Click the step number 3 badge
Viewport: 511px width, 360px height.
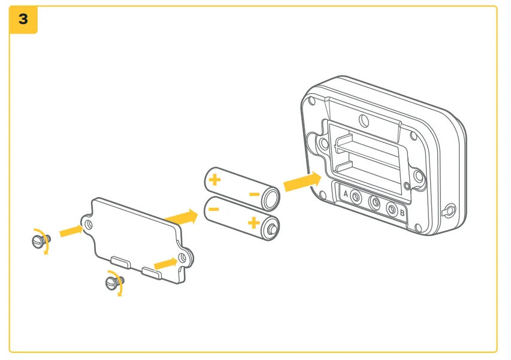tap(23, 19)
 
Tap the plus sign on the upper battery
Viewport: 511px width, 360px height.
tap(214, 179)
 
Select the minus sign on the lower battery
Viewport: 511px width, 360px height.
tap(214, 209)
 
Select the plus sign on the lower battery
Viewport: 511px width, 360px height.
tap(253, 223)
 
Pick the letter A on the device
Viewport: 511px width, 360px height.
tap(345, 193)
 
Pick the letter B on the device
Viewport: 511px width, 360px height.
tap(402, 212)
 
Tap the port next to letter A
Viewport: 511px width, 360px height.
tap(356, 197)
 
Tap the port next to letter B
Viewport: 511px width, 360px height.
tap(392, 210)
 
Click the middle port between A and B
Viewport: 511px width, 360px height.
tap(375, 203)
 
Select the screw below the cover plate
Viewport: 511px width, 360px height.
tap(113, 282)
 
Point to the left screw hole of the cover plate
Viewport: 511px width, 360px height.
tap(89, 224)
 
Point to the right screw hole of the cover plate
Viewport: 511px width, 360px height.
tap(183, 259)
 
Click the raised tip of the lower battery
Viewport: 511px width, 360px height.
tap(273, 228)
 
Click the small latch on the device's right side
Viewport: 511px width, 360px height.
tap(449, 211)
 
